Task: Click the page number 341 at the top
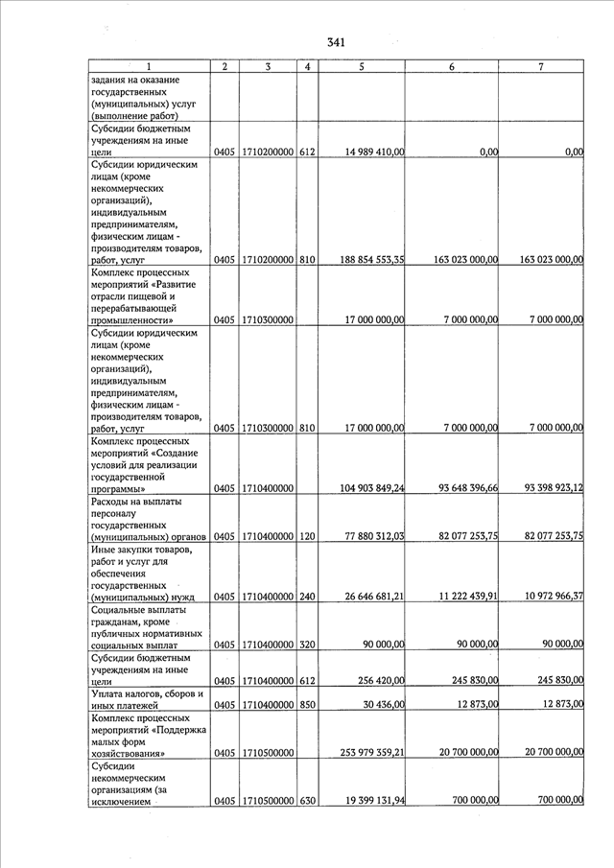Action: [336, 42]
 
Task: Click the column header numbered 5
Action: [361, 66]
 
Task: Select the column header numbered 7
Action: [542, 66]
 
